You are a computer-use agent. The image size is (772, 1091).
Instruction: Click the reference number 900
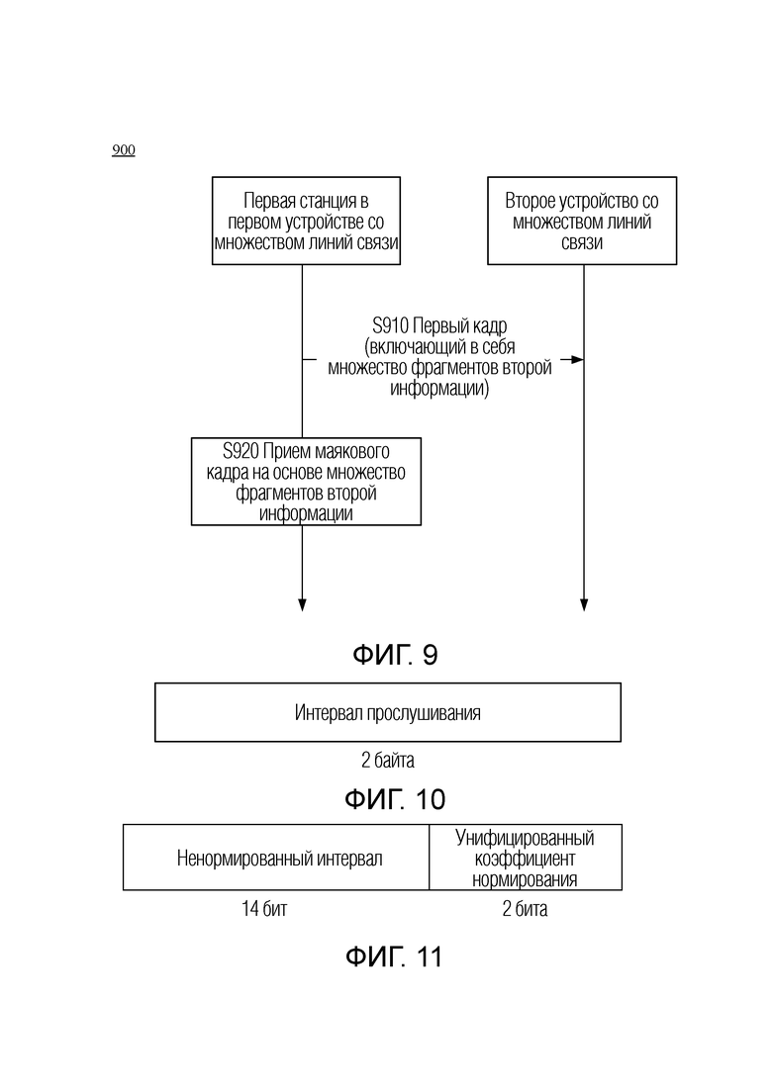(123, 150)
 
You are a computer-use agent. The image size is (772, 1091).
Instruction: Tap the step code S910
(391, 325)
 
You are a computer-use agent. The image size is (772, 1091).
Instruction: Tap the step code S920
(241, 451)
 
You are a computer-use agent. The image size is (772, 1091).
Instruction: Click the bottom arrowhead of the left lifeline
(302, 604)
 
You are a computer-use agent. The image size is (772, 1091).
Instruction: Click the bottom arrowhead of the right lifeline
(584, 604)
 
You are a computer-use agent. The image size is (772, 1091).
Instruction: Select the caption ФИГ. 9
(395, 655)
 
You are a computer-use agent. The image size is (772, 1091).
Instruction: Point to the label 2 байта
(388, 760)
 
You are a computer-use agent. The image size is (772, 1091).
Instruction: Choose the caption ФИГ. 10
(395, 799)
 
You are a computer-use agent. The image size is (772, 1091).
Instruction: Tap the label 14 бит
(264, 909)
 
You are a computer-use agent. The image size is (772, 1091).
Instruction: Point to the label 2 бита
(525, 909)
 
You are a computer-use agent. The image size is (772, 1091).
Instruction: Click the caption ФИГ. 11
(394, 957)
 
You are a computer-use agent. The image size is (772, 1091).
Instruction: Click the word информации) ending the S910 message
(439, 389)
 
